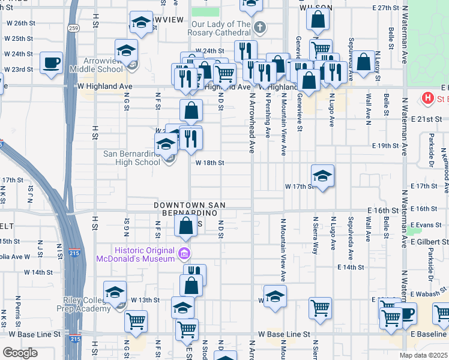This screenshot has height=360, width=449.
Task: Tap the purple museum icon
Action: (184, 254)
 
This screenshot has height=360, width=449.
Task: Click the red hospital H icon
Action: (429, 98)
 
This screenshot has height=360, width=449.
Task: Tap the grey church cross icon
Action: (259, 27)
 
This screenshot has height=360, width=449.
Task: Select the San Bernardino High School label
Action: (131, 158)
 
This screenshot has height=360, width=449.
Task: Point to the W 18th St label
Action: (209, 163)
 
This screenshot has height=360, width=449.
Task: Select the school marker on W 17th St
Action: (322, 176)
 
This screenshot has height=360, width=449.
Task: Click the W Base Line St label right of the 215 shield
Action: (284, 334)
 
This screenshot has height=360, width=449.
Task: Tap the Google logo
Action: (20, 353)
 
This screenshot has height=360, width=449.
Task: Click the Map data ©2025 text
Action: (423, 355)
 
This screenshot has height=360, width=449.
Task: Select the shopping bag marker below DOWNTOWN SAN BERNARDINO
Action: (186, 226)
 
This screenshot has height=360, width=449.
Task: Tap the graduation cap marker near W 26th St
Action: (141, 23)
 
